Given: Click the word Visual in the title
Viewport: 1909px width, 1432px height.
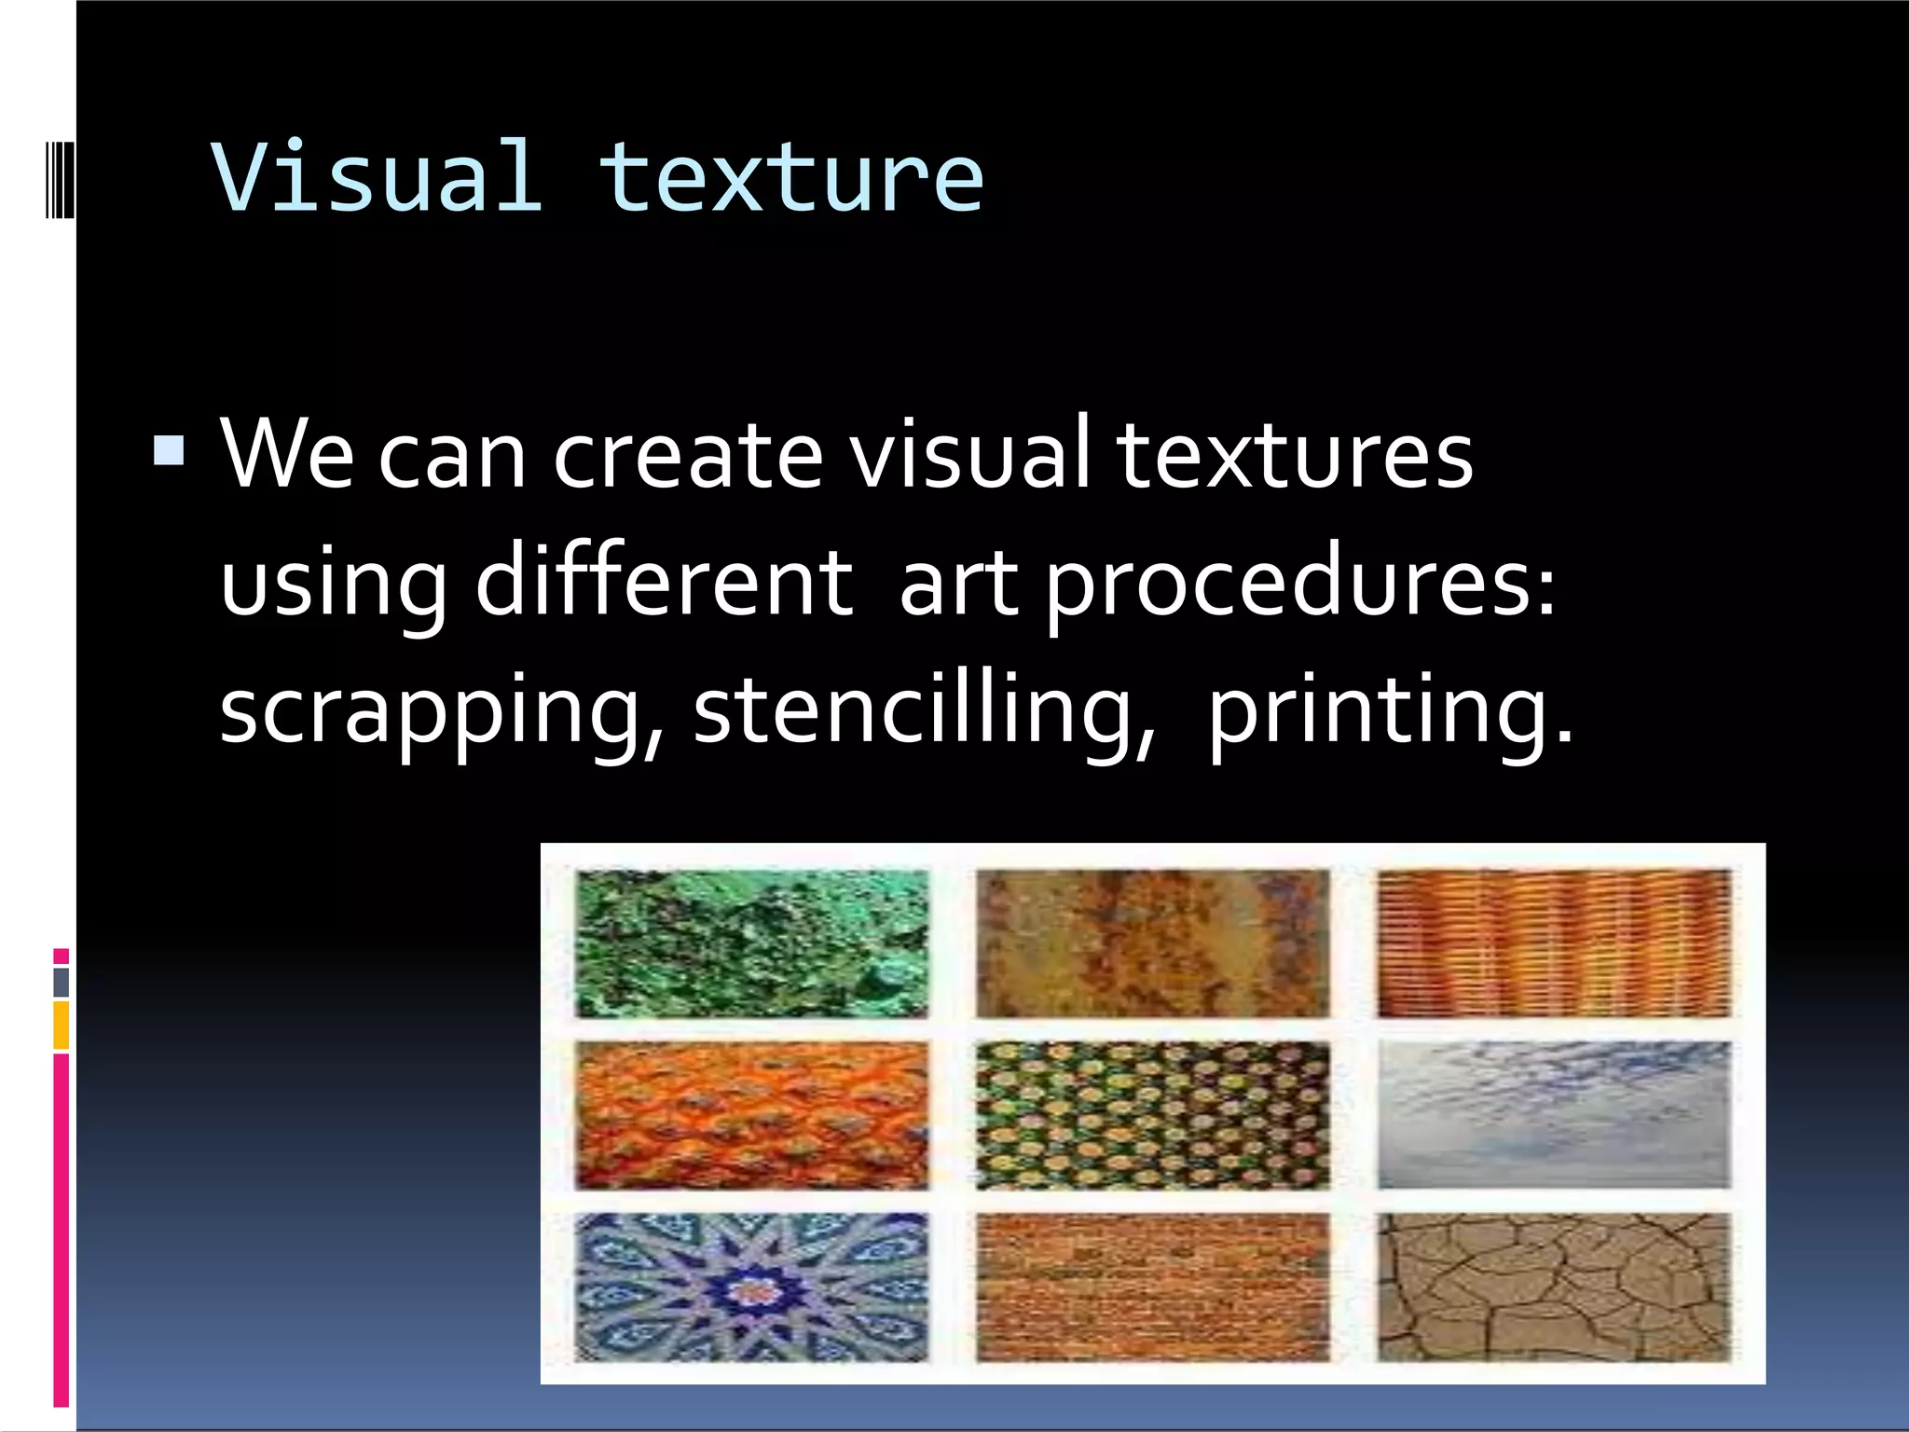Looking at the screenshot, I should pos(376,176).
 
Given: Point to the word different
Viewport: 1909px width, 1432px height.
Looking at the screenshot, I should pos(664,582).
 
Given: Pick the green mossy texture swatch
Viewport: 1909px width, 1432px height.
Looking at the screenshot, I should pos(751,943).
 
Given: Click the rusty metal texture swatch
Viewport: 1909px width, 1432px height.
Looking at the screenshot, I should pos(1152,943).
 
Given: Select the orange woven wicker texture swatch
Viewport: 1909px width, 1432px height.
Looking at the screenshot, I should pos(1553,943).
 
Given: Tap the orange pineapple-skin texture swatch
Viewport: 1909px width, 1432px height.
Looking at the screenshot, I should pos(751,1115).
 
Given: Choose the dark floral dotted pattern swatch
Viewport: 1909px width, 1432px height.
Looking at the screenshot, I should pos(1152,1115).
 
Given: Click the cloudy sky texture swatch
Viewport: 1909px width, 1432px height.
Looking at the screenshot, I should pos(1553,1115).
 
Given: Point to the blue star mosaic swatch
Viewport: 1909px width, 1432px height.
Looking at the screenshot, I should pos(751,1287).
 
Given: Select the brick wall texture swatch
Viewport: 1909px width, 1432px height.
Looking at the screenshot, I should pos(1152,1287).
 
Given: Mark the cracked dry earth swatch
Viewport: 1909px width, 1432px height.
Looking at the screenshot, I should pos(1553,1287).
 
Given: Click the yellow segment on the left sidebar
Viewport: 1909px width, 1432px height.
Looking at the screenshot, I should pos(62,1025).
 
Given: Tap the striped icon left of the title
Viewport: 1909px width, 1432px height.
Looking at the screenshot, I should pos(60,176).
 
